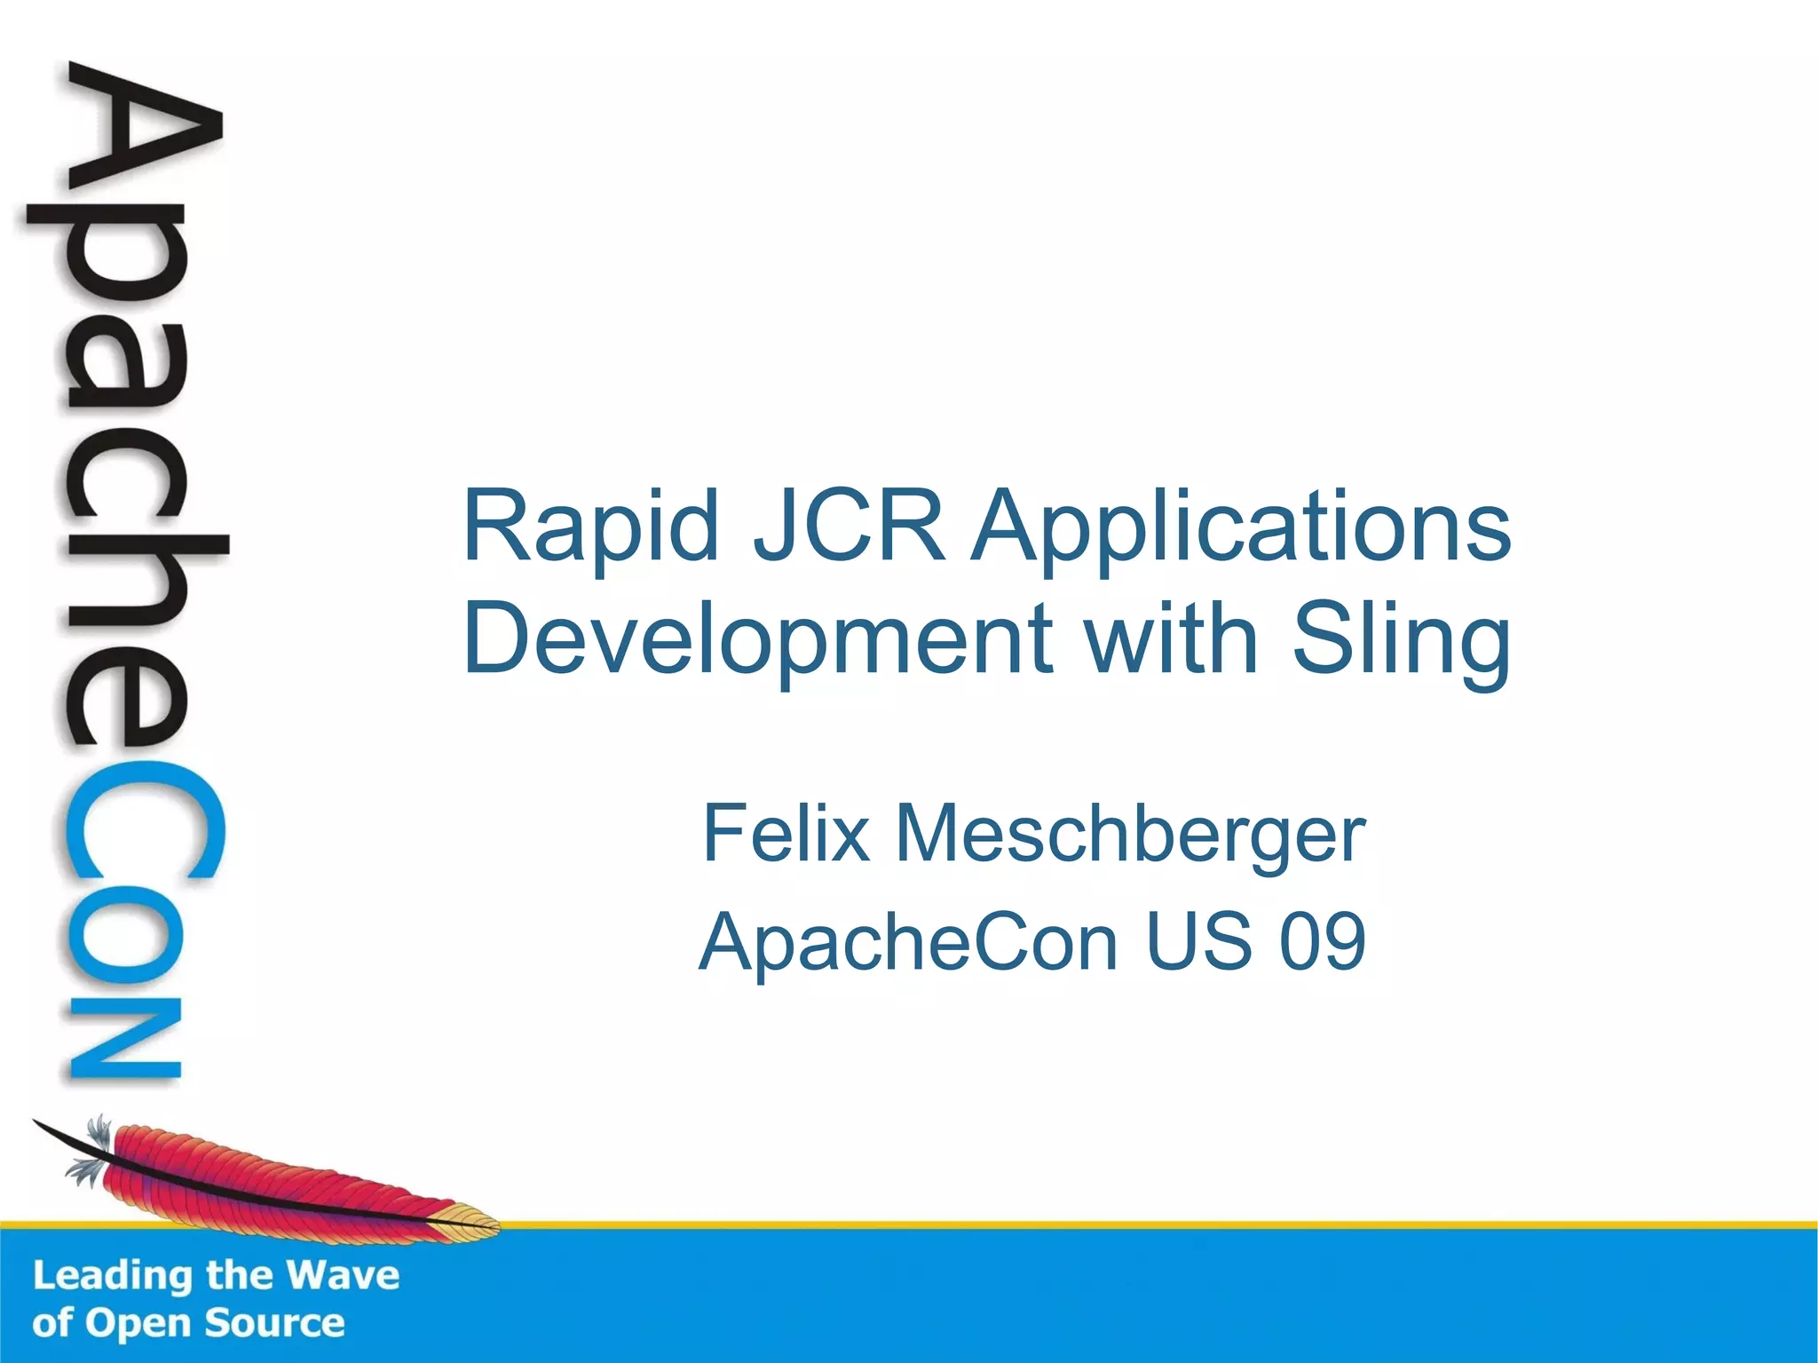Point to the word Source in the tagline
(x=275, y=1323)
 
